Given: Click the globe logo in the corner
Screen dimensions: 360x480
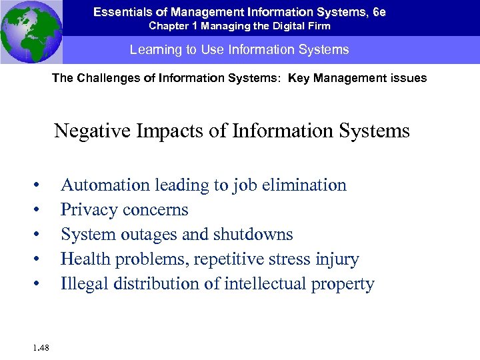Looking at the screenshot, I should tap(31, 31).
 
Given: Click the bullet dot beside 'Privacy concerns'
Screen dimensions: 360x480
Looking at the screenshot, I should tap(41, 211).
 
